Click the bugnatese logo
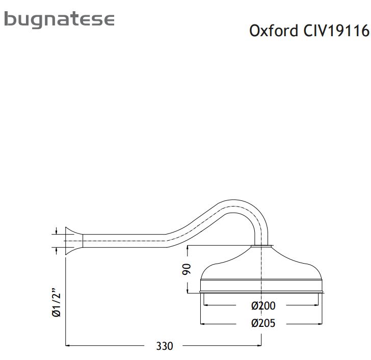pyautogui.click(x=60, y=20)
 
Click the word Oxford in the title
pyautogui.click(x=274, y=31)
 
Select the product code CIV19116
pyautogui.click(x=336, y=31)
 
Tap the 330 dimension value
pyautogui.click(x=165, y=346)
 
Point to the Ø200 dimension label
pyautogui.click(x=263, y=305)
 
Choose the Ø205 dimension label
pyautogui.click(x=263, y=323)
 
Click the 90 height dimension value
pyautogui.click(x=187, y=269)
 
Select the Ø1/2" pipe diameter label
pyautogui.click(x=56, y=302)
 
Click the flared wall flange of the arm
pyautogui.click(x=74, y=241)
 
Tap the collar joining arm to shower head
pyautogui.click(x=261, y=246)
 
